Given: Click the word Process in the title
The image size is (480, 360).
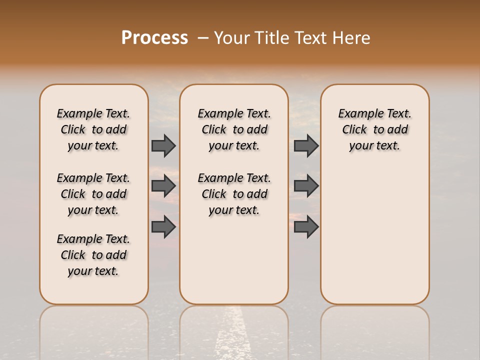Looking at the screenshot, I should click(154, 38).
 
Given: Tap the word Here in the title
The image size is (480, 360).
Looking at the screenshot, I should click(351, 38).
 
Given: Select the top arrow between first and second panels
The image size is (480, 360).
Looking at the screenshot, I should click(163, 145).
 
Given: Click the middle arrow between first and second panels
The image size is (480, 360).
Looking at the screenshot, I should click(163, 186).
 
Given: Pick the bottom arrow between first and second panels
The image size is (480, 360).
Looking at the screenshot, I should click(163, 227).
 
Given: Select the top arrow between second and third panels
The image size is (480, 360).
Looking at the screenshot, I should click(306, 145).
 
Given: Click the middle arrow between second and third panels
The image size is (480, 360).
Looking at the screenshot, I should click(306, 186).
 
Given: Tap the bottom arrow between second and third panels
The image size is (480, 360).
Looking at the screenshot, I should click(306, 227).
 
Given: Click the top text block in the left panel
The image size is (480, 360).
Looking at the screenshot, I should click(93, 129).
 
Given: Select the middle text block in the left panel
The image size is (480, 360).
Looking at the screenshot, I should click(93, 194).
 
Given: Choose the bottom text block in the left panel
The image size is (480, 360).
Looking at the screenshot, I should click(93, 255).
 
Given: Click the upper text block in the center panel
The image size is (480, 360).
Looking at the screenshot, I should click(234, 129).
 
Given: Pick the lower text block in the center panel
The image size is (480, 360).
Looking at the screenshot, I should click(234, 194).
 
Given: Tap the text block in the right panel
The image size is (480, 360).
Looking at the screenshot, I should click(374, 129).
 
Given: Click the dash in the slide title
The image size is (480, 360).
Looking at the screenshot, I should click(202, 38).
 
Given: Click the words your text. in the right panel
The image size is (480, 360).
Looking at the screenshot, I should click(374, 146).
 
